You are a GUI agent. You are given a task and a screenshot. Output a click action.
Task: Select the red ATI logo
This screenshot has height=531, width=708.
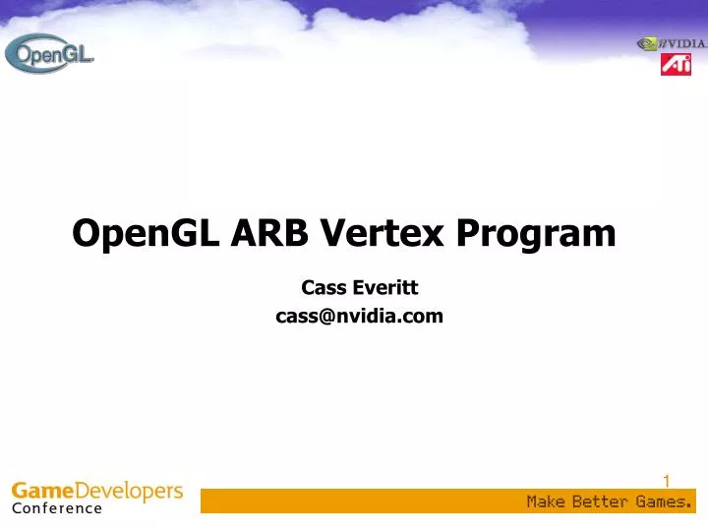[x=676, y=65]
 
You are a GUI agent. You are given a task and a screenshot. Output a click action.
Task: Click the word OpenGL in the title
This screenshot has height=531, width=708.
[x=146, y=233]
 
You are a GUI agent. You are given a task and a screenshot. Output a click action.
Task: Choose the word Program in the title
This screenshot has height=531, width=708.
[x=535, y=234]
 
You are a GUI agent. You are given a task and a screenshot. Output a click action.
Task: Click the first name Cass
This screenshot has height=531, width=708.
[x=322, y=288]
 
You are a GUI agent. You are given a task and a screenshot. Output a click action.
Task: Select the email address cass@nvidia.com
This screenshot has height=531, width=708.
[x=359, y=316]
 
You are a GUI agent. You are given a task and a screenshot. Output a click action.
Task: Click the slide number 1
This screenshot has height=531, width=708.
[x=666, y=481]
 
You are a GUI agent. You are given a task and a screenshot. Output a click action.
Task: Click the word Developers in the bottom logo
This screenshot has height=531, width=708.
[x=129, y=491]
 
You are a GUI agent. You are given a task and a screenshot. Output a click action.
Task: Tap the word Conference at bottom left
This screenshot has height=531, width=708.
[x=57, y=508]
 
